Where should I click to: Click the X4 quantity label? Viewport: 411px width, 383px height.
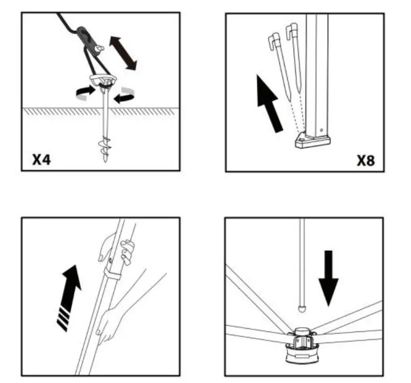(42, 159)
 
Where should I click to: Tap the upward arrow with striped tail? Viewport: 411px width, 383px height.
(68, 297)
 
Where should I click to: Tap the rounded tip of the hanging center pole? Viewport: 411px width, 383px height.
(302, 307)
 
